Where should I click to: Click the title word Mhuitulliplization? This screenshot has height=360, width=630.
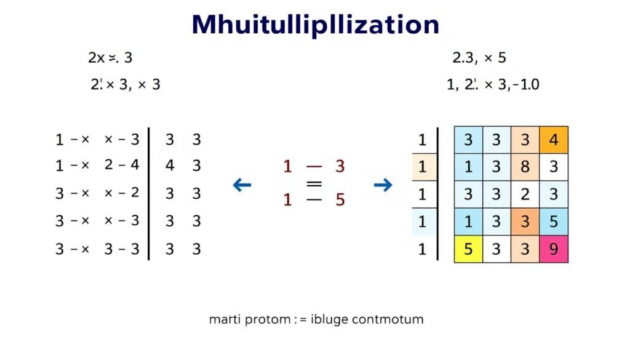315,25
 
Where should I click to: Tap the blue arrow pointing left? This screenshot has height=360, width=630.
242,184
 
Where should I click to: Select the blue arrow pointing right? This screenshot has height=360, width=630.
383,184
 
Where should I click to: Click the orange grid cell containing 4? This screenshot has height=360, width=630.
554,140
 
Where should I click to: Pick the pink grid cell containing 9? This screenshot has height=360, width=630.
554,249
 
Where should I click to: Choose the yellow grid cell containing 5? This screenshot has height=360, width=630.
468,249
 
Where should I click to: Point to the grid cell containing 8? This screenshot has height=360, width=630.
525,167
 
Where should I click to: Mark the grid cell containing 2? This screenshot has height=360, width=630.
525,194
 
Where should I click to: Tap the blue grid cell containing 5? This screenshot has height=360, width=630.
554,222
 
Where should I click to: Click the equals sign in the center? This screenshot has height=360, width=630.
314,183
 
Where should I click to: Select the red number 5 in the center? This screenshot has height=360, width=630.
340,201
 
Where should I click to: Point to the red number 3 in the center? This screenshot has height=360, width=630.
340,166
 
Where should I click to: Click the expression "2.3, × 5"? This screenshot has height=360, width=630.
479,58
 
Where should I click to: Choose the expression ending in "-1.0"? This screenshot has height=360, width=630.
493,84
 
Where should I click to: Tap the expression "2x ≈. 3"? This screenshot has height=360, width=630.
110,58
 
